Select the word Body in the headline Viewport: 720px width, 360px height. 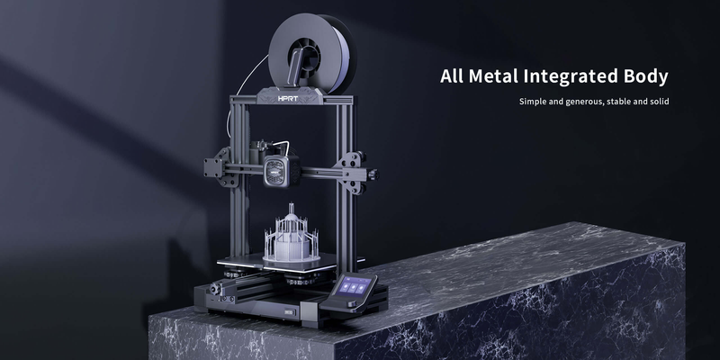[646, 77]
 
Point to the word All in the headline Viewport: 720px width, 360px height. [452, 76]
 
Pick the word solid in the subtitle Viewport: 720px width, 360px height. [660, 101]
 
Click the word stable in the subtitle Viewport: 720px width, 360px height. [618, 101]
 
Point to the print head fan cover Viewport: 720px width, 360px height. [281, 171]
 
